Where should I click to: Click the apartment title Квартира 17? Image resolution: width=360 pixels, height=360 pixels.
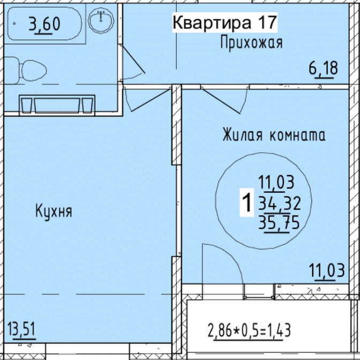click(x=225, y=22)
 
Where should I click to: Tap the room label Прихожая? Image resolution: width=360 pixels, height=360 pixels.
click(x=251, y=43)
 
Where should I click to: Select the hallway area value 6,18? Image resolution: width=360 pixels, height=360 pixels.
click(x=323, y=68)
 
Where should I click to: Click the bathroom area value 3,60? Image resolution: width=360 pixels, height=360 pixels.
click(x=44, y=24)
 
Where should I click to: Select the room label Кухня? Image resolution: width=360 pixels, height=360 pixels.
click(x=54, y=211)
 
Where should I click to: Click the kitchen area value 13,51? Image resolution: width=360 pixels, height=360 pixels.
click(x=21, y=329)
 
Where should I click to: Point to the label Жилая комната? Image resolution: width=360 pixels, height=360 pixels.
click(x=274, y=135)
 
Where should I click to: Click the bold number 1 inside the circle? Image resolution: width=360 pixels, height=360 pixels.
click(x=247, y=202)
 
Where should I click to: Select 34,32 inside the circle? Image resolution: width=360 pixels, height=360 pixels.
click(x=280, y=204)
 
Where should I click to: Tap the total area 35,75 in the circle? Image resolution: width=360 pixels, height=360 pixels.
click(x=279, y=222)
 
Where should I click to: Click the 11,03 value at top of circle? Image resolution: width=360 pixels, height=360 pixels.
click(x=276, y=182)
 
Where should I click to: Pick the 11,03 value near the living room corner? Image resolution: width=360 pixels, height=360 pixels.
click(x=327, y=271)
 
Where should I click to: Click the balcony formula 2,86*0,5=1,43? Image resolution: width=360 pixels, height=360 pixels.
click(x=249, y=331)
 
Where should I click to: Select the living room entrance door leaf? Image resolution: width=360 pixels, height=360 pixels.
click(x=221, y=101)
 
